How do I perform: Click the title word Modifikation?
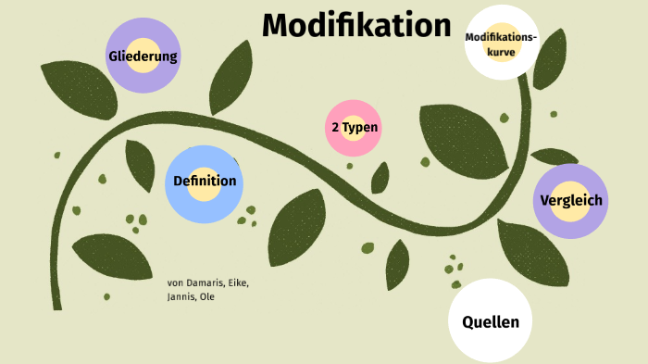pyautogui.click(x=356, y=26)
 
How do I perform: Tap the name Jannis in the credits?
pyautogui.click(x=181, y=297)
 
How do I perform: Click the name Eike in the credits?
pyautogui.click(x=239, y=282)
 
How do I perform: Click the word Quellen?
pyautogui.click(x=490, y=322)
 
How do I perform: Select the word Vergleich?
pyautogui.click(x=570, y=200)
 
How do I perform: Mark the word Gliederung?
pyautogui.click(x=143, y=56)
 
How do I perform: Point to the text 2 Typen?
pyautogui.click(x=355, y=127)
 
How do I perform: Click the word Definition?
pyautogui.click(x=205, y=182)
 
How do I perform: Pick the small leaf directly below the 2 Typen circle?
pyautogui.click(x=380, y=177)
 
